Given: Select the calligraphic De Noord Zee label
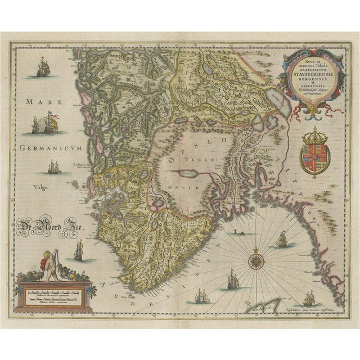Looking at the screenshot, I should coord(45,227).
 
